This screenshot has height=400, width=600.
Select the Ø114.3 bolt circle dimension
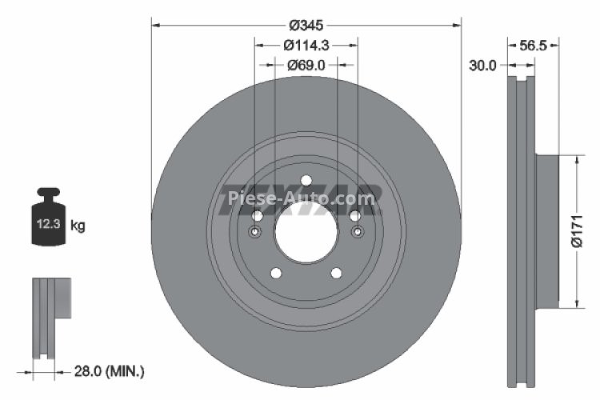tap(306, 46)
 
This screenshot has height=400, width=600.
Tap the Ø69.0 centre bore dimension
tap(306, 66)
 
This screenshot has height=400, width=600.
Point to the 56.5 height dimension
tap(533, 46)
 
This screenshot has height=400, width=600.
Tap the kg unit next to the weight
tap(78, 226)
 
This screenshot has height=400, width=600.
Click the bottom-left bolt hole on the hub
tap(275, 273)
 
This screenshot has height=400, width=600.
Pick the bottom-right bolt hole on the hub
tap(337, 273)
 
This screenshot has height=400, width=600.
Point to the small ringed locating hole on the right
tap(357, 232)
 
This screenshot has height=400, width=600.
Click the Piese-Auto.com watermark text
tap(300, 198)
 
